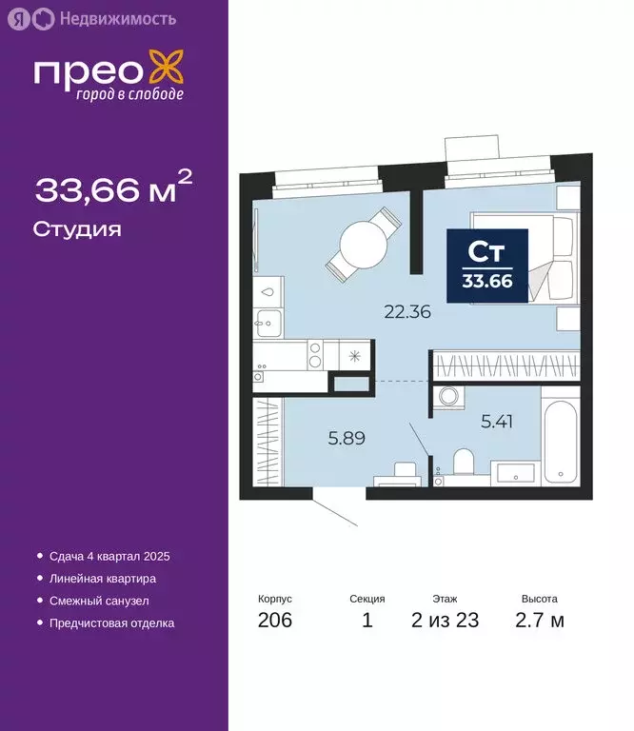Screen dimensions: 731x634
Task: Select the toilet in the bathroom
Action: point(464,464)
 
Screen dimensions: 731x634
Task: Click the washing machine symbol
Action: point(447,400)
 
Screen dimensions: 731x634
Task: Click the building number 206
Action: point(274,622)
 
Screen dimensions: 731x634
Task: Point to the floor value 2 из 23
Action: point(445,622)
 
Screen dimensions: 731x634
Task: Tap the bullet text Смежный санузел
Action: point(98,601)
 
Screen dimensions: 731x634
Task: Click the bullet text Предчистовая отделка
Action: point(111,623)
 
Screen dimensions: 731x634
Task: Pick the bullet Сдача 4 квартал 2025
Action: point(109,556)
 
